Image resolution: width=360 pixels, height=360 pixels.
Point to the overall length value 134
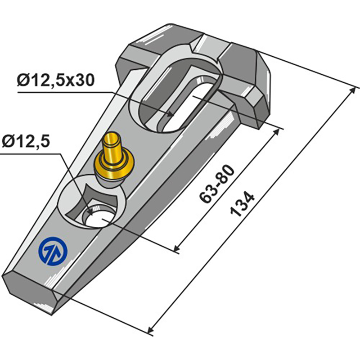pos(243,204)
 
